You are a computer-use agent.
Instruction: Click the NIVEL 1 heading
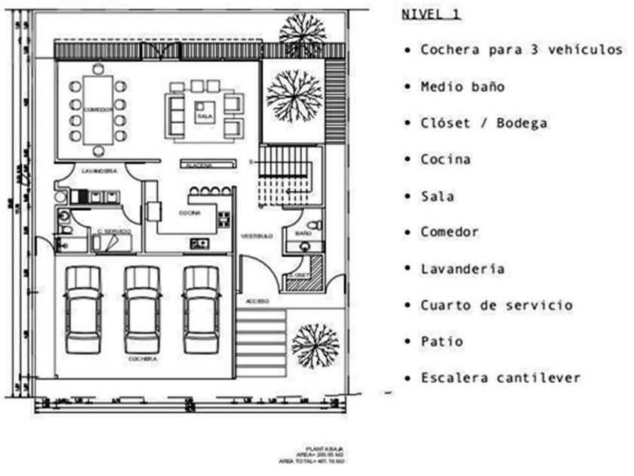click(431, 14)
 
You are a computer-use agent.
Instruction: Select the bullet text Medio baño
click(463, 87)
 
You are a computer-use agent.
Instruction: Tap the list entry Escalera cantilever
click(500, 378)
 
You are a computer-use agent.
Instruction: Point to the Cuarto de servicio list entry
click(496, 305)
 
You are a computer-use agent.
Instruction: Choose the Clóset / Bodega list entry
click(484, 123)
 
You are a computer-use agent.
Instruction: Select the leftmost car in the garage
click(84, 309)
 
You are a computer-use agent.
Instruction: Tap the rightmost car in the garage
click(202, 309)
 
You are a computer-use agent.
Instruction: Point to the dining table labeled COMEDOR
click(98, 110)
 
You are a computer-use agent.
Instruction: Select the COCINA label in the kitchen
click(189, 214)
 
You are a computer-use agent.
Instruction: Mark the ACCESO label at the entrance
click(257, 301)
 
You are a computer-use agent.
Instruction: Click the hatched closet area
click(310, 268)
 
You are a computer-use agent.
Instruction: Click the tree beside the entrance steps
click(315, 346)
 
